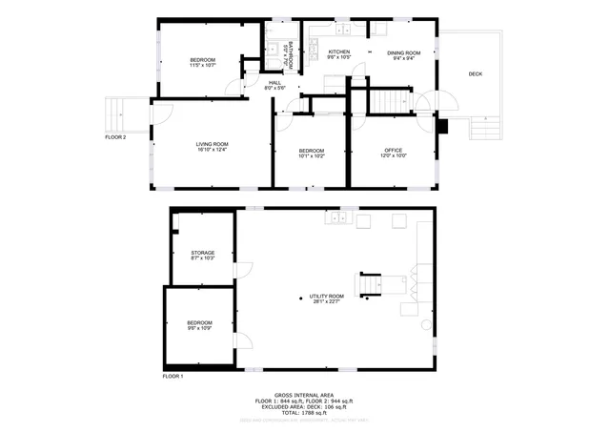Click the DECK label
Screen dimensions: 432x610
tap(475, 73)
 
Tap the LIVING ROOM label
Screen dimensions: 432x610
tap(212, 144)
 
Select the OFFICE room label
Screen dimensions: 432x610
tap(393, 150)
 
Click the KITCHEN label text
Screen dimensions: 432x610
tap(339, 51)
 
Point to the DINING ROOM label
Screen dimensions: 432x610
tap(403, 52)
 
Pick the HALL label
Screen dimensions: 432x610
tap(274, 82)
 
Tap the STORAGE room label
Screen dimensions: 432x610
tap(202, 253)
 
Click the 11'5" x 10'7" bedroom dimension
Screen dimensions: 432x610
tap(202, 66)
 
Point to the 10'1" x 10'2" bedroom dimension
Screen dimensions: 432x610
tap(311, 155)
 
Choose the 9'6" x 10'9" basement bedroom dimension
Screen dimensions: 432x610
tap(199, 329)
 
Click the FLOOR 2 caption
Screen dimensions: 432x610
tap(115, 136)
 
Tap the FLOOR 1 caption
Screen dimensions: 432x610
tap(173, 377)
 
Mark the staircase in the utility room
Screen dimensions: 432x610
tap(374, 285)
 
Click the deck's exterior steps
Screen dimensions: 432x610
tap(486, 124)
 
